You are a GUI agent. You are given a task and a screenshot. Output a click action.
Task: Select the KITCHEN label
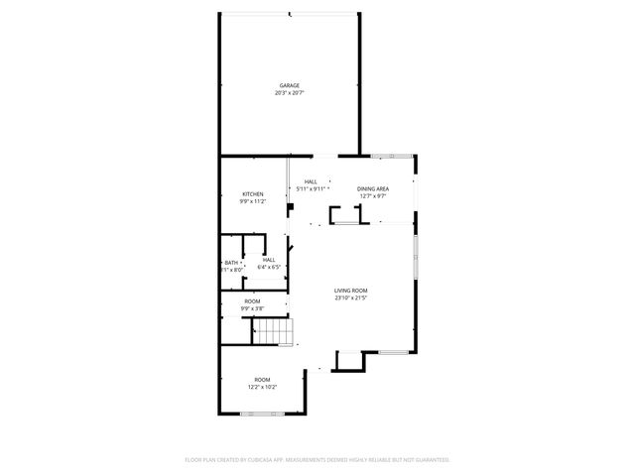[252, 193]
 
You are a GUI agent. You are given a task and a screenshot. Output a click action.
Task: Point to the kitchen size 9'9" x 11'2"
[252, 201]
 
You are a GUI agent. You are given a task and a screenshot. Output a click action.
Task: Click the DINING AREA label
[373, 188]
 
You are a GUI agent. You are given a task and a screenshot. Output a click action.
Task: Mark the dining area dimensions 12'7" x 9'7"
[373, 196]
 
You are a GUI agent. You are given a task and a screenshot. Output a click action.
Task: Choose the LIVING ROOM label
[351, 290]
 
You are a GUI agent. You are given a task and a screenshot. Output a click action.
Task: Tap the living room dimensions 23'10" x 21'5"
[351, 297]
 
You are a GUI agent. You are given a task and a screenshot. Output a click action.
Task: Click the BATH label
[230, 262]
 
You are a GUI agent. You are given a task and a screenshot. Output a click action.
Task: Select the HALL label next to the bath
[269, 259]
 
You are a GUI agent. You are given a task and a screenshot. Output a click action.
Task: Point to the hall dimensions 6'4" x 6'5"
[269, 267]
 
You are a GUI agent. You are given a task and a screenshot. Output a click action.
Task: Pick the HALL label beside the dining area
[311, 181]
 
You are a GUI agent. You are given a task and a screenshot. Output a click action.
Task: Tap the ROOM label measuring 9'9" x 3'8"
[252, 300]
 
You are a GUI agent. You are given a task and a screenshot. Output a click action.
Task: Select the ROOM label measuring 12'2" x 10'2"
[262, 380]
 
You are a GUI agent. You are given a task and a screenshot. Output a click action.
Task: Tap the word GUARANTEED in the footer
[431, 460]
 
